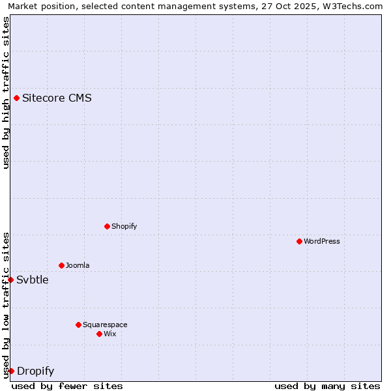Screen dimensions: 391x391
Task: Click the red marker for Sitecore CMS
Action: tap(16, 98)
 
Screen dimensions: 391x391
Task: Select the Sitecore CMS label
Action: tap(57, 98)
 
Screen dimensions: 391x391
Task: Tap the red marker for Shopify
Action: tap(107, 226)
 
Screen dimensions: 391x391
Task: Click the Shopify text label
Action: tap(124, 226)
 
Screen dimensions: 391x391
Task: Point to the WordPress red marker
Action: tap(299, 241)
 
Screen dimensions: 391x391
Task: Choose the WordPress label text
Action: tap(321, 241)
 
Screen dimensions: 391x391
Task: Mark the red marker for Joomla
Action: tap(61, 265)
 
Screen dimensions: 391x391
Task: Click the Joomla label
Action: tap(78, 265)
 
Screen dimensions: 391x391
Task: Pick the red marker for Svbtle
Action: tap(10, 280)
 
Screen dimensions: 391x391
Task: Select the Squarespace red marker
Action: tap(78, 325)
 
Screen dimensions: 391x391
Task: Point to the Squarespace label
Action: tap(105, 325)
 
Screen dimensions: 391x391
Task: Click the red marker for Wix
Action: tap(99, 334)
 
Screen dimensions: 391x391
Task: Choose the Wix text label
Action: tap(110, 334)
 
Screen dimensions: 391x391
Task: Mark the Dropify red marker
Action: tap(11, 371)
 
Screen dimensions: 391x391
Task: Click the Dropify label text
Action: tap(35, 371)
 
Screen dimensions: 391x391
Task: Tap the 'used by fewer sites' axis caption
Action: tap(67, 386)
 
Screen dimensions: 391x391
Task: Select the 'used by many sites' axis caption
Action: tap(327, 386)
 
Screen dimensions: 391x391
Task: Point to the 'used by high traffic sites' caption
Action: tap(6, 93)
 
